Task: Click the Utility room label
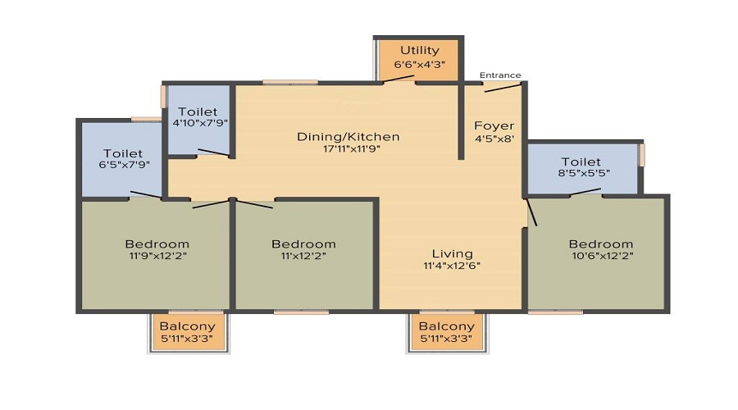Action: click(x=420, y=51)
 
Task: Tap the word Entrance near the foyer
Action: click(x=500, y=75)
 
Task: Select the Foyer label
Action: click(x=494, y=125)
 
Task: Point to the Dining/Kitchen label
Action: click(x=348, y=136)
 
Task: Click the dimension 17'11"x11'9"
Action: click(x=348, y=148)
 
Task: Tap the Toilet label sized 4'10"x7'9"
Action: click(x=198, y=111)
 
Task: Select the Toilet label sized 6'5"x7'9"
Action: click(x=123, y=153)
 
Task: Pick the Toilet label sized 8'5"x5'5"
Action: click(x=581, y=162)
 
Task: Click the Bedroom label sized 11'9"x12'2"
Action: click(x=157, y=244)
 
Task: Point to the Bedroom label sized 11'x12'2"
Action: click(x=303, y=244)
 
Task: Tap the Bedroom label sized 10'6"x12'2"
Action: click(x=601, y=244)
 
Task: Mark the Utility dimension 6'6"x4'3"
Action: click(x=420, y=64)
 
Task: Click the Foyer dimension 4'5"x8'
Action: click(x=494, y=139)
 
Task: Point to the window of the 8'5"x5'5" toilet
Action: click(x=642, y=155)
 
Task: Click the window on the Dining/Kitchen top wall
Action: click(x=290, y=82)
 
